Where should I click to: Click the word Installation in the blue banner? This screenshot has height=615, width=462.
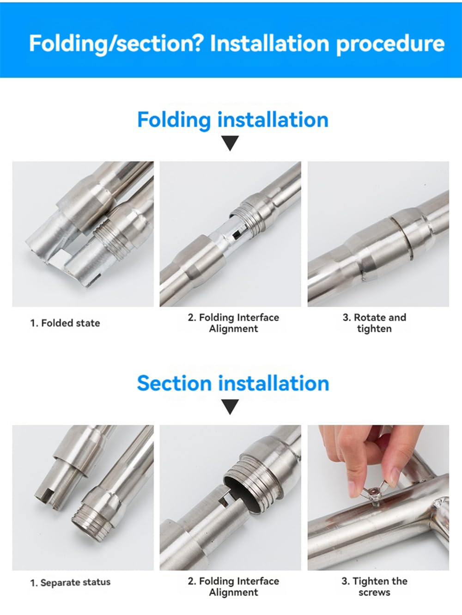coord(269,43)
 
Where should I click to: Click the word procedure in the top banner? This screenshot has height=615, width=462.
coord(390,43)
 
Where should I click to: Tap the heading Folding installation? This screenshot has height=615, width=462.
coord(232,119)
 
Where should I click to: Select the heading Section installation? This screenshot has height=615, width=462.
coord(232,383)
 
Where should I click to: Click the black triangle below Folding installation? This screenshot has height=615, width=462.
coord(230,143)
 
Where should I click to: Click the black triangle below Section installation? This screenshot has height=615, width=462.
coord(230,407)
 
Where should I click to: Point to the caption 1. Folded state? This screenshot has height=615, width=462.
coord(65,323)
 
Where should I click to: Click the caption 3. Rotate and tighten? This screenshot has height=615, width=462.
coord(374,323)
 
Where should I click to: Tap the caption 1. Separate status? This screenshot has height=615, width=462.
coord(70,582)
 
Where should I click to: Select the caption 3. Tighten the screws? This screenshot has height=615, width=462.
coord(374,586)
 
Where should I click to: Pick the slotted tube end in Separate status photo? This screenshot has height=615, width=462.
coord(46,497)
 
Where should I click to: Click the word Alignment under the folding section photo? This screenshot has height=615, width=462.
coord(233,329)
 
